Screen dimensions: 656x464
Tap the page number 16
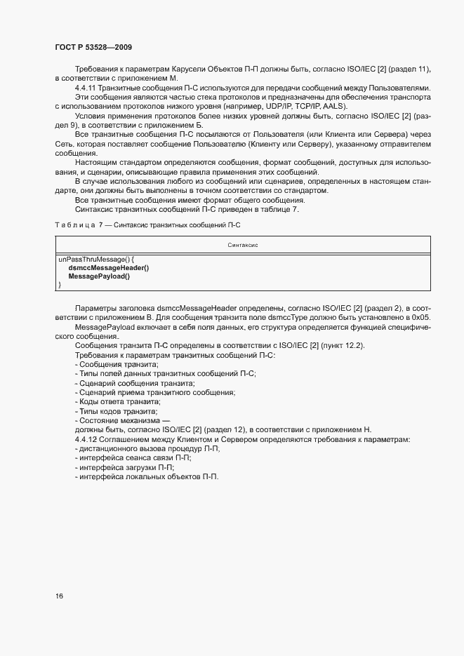[x=60, y=596]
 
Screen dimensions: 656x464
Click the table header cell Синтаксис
[x=243, y=245]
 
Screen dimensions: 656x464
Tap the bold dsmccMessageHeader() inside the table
[x=109, y=267]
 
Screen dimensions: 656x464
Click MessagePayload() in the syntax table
[x=99, y=276]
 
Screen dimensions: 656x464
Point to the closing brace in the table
[x=60, y=285]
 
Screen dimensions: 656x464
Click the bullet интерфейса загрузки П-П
[x=125, y=467]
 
